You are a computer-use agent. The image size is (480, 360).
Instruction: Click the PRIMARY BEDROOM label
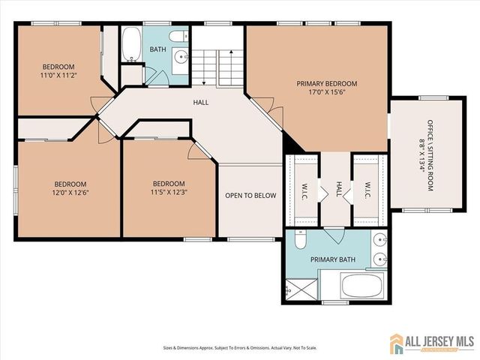coord(326,83)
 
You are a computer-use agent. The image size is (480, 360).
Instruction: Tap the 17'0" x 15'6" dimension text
coord(326,94)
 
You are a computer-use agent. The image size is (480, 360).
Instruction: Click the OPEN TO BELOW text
coord(250,196)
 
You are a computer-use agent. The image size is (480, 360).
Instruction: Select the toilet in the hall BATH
coord(177,35)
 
